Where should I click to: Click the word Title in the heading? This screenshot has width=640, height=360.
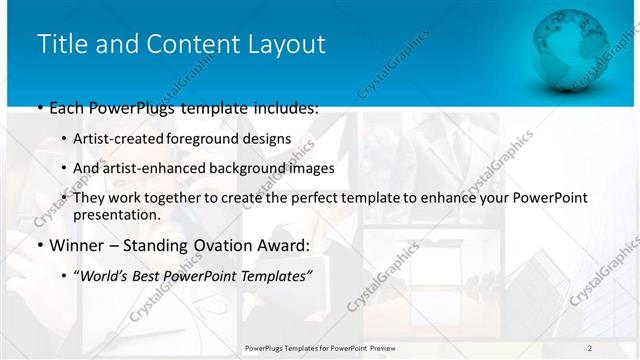[x=61, y=44]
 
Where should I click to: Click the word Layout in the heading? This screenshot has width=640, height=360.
[x=291, y=44]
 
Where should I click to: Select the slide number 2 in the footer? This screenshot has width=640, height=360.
[x=590, y=348]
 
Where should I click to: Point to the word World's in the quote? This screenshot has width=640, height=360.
[x=105, y=275]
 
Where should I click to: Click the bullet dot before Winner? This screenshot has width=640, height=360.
[x=39, y=245]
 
